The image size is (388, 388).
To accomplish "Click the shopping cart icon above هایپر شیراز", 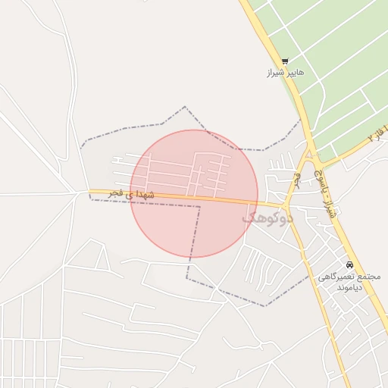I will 285,61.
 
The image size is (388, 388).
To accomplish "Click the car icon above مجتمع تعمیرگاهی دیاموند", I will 349,264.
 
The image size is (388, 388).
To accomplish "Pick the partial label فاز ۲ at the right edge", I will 377,134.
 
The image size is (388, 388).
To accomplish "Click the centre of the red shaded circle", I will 194,194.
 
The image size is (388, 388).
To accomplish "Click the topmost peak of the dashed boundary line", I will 184,107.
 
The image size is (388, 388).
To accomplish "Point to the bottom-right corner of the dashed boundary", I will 265,306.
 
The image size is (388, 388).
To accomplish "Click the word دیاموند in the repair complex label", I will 349,289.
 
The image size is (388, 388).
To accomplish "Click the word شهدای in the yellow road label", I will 142,195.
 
